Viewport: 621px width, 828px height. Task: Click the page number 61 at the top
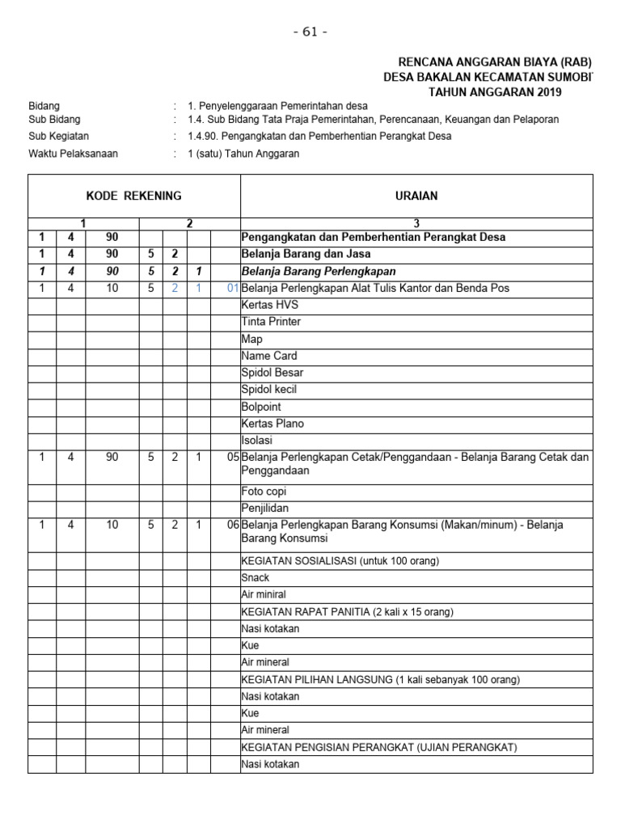tap(310, 32)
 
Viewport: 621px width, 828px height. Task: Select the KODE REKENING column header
tap(134, 196)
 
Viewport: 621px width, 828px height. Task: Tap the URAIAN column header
tap(417, 196)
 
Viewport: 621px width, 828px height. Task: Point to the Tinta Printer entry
tap(271, 322)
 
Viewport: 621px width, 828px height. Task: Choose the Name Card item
tap(269, 356)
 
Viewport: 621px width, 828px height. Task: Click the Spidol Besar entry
tap(272, 373)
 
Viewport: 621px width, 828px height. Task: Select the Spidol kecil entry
tap(271, 390)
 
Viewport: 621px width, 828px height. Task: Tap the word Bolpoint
tap(261, 407)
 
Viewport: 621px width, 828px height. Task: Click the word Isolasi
tap(257, 441)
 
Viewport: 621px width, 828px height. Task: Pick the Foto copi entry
tap(264, 492)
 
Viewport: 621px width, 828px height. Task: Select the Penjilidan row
tap(264, 509)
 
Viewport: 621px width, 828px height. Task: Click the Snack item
tap(256, 577)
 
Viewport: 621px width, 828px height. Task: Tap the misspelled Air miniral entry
tap(264, 594)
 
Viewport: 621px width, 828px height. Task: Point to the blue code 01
tap(232, 288)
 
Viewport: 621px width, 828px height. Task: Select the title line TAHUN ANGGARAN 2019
tap(495, 92)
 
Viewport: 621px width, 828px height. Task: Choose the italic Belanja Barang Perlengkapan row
tap(320, 271)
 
